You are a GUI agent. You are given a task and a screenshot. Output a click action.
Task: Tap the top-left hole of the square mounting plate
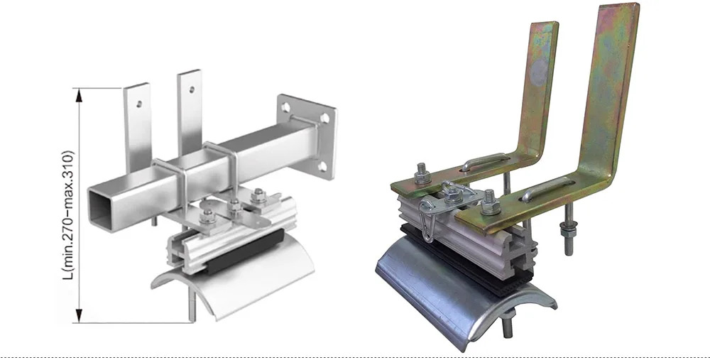[285, 107]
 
